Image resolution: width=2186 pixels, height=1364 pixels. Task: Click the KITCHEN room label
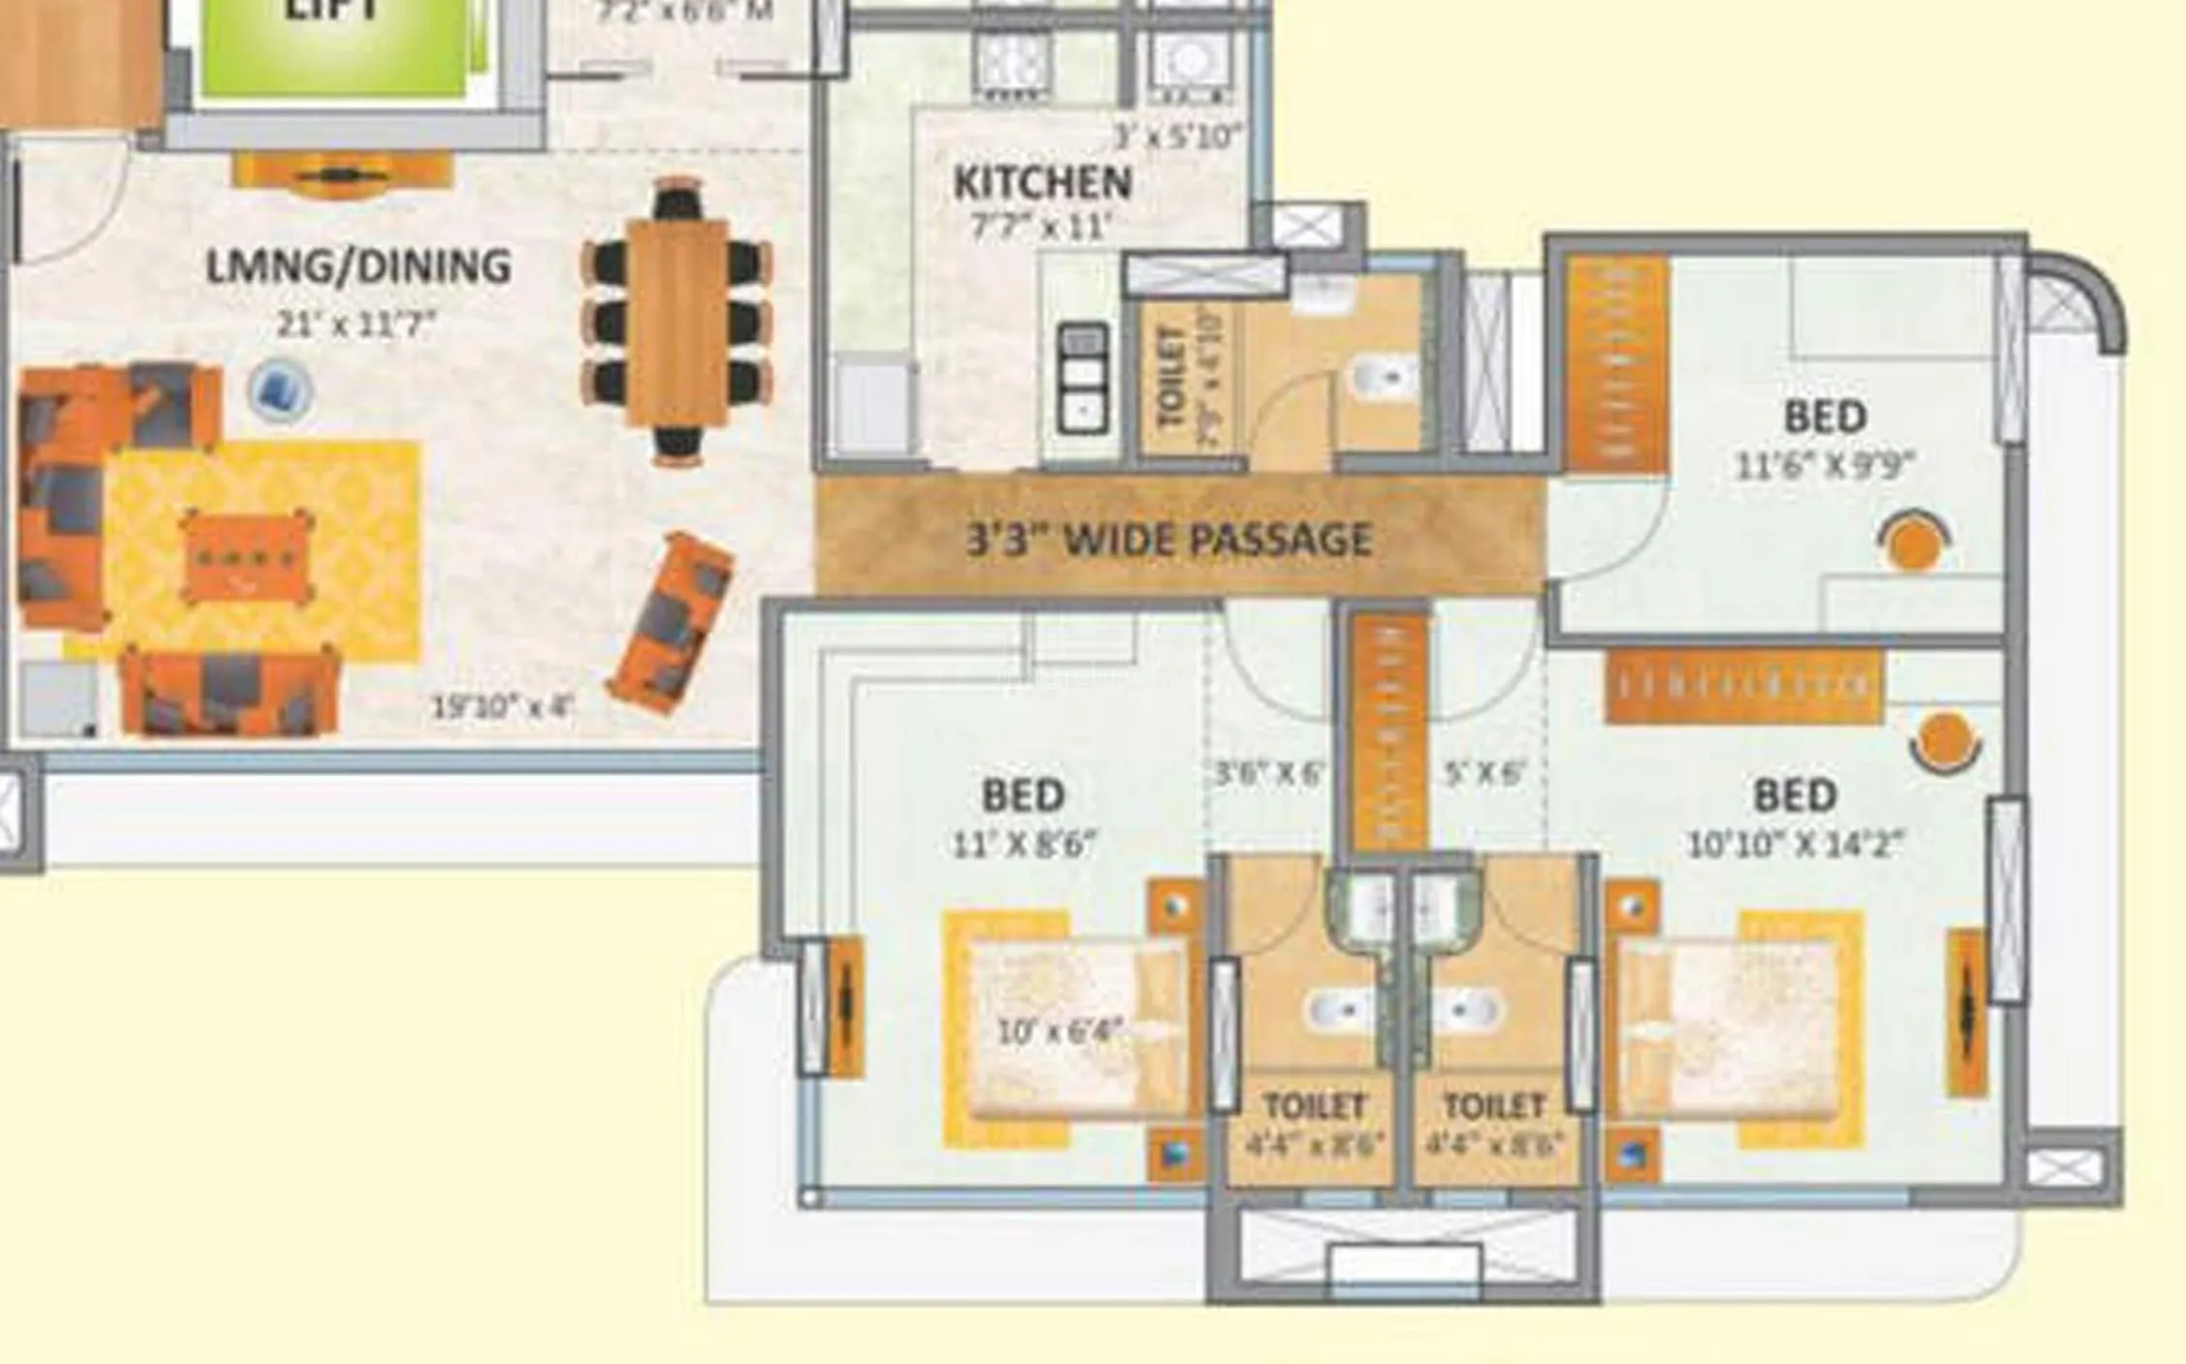pos(1042,183)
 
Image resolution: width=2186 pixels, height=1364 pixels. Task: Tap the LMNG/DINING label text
pos(358,266)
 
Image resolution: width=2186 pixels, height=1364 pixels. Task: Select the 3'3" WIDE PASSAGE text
pos(1170,539)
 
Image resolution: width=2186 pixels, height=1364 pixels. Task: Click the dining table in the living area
pos(676,322)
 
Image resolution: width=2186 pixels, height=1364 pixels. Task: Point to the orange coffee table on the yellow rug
pos(246,558)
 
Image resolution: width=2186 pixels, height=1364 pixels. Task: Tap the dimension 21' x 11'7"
pos(357,324)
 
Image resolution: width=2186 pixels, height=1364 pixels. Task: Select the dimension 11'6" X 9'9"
pos(1825,466)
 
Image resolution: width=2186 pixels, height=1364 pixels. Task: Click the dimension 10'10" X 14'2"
pos(1795,845)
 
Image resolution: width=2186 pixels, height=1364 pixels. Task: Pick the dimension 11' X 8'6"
pos(1023,845)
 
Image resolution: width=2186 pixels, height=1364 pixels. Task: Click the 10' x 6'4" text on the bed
pos(1060,1030)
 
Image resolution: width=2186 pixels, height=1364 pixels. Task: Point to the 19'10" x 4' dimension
pos(502,706)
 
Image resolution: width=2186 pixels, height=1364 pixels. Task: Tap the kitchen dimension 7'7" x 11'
pos(1041,227)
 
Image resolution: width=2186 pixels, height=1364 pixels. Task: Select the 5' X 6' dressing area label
pos(1483,773)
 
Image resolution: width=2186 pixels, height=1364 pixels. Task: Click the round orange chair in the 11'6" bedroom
pos(1913,543)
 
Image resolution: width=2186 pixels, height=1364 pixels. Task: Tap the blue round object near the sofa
pos(280,390)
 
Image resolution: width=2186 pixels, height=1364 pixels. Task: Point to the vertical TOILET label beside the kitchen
pos(1172,378)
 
